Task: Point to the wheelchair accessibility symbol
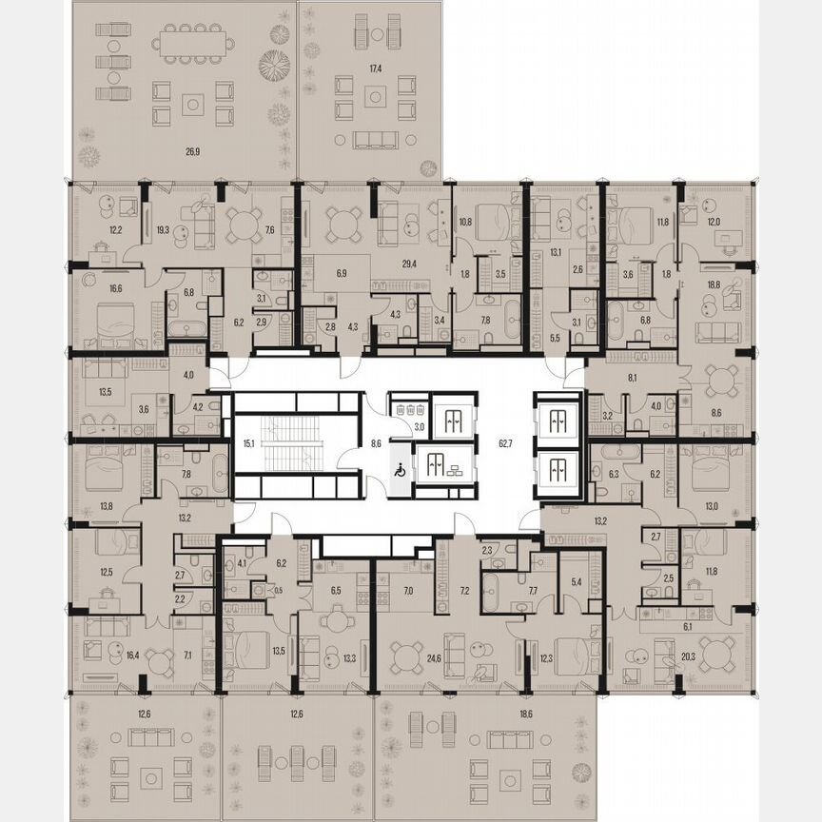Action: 401,469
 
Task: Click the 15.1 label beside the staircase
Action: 248,443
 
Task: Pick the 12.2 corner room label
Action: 88,229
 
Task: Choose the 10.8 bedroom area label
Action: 465,223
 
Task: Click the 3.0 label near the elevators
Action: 420,427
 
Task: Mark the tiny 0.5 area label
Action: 278,590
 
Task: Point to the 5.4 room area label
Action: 576,581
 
